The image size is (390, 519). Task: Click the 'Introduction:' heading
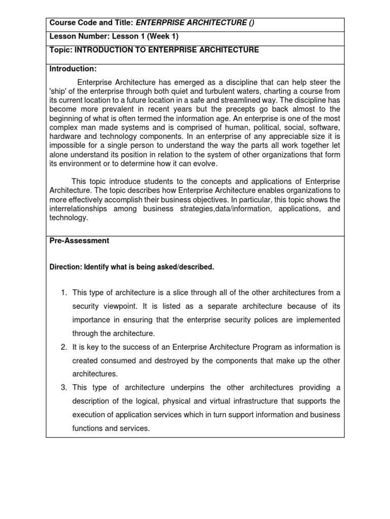pos(73,68)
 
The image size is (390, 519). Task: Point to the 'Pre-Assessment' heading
pos(79,241)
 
